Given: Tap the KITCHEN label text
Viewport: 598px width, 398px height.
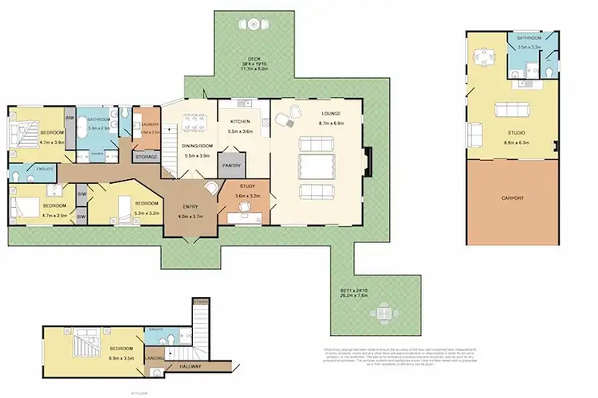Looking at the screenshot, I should click(240, 122).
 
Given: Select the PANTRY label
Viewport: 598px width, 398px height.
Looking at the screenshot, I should click(232, 166).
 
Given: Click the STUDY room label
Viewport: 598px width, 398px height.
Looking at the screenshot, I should click(246, 186).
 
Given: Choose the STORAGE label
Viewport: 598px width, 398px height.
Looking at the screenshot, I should click(146, 157).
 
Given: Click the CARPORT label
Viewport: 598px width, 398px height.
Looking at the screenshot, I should click(513, 197).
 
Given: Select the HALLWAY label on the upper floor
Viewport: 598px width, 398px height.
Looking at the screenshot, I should click(212, 366).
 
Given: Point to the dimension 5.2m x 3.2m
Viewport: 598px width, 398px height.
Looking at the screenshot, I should click(149, 213).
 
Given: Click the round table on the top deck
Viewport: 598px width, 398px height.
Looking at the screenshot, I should click(253, 25).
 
